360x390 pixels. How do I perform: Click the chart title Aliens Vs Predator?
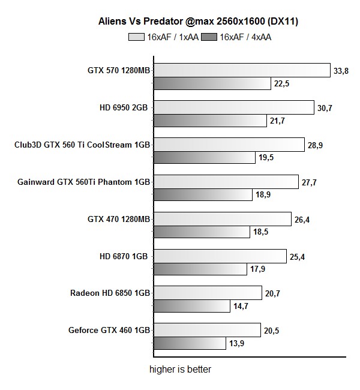[x=199, y=22]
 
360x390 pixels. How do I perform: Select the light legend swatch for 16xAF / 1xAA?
[x=136, y=37]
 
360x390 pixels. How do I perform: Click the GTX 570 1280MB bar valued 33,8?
[x=242, y=70]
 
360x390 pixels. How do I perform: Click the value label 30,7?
[x=326, y=108]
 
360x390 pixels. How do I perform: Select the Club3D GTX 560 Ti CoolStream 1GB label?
[x=82, y=145]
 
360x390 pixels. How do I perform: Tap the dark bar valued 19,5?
[x=205, y=158]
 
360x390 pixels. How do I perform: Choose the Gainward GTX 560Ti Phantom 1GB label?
[x=84, y=182]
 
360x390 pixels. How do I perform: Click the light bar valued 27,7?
[x=226, y=182]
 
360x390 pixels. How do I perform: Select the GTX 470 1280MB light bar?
[x=223, y=219]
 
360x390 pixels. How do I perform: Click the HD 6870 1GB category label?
[x=124, y=256]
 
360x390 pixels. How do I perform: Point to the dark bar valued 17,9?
[x=200, y=269]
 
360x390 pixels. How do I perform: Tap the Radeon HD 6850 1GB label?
[x=110, y=293]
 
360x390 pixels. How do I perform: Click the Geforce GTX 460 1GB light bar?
[x=208, y=330]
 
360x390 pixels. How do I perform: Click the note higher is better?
[x=180, y=370]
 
